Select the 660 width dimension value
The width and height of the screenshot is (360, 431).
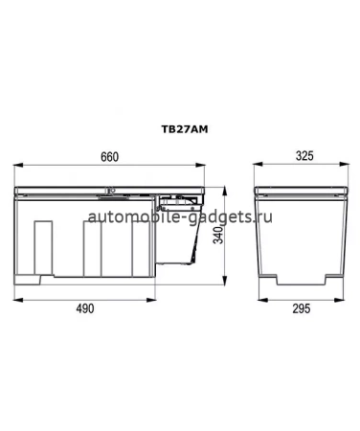[111, 157]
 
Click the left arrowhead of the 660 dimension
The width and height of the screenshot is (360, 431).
[15, 167]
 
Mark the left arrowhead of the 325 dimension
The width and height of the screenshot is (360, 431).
[256, 167]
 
